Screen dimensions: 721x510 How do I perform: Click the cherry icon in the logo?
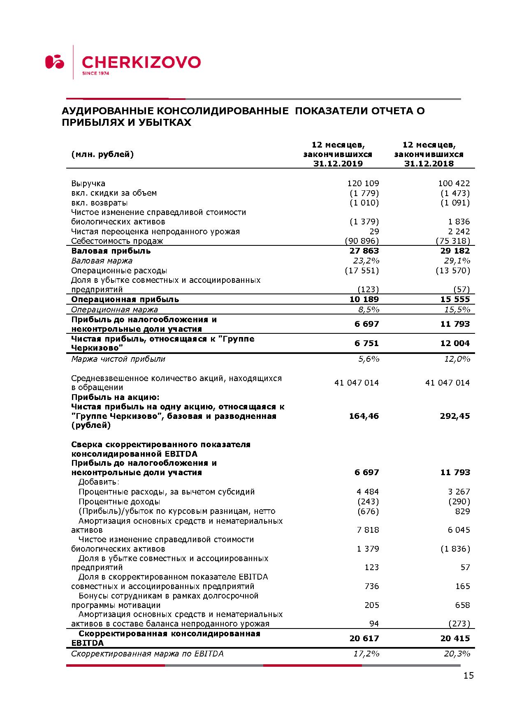pos(55,62)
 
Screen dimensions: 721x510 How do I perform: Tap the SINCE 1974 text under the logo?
pos(95,74)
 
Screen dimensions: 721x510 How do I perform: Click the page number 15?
pos(468,675)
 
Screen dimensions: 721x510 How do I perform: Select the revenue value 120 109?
pos(363,183)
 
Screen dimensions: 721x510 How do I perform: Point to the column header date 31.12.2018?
pos(429,164)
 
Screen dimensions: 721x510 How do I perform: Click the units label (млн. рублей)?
pos(102,154)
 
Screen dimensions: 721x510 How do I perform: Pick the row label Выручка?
pos(88,183)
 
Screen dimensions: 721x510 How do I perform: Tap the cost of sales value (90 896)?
pos(362,241)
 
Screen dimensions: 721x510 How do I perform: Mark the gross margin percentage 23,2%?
pos(366,261)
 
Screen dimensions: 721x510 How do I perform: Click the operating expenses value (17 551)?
pos(362,270)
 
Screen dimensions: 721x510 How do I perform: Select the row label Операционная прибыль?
pos(125,299)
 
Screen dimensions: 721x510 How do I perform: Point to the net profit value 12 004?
pos(455,343)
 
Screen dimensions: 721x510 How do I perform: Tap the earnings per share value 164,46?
pos(364,416)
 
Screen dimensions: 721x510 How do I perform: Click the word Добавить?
pos(99,482)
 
